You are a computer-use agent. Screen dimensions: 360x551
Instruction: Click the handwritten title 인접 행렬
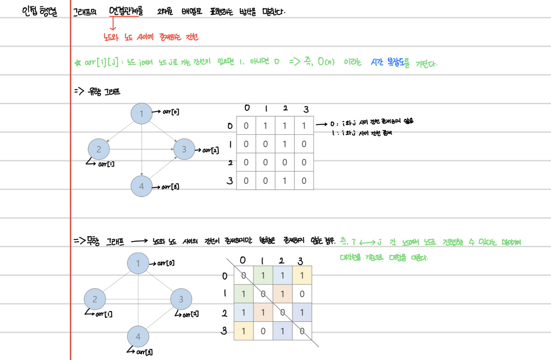click(42, 11)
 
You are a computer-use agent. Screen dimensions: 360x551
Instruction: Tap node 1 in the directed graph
click(142, 114)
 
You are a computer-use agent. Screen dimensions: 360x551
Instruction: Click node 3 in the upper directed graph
click(184, 149)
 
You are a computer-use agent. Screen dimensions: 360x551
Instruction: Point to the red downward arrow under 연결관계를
click(113, 24)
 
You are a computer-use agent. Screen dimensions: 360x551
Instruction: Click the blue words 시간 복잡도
click(390, 63)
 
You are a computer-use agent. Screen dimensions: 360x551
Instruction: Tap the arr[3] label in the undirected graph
click(143, 353)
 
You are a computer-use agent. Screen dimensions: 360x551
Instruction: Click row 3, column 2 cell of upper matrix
click(285, 180)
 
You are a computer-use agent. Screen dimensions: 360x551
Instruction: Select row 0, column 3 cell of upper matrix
click(304, 126)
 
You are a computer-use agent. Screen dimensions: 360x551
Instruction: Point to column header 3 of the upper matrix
click(306, 109)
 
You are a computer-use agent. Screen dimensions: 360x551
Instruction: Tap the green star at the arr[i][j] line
click(78, 63)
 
